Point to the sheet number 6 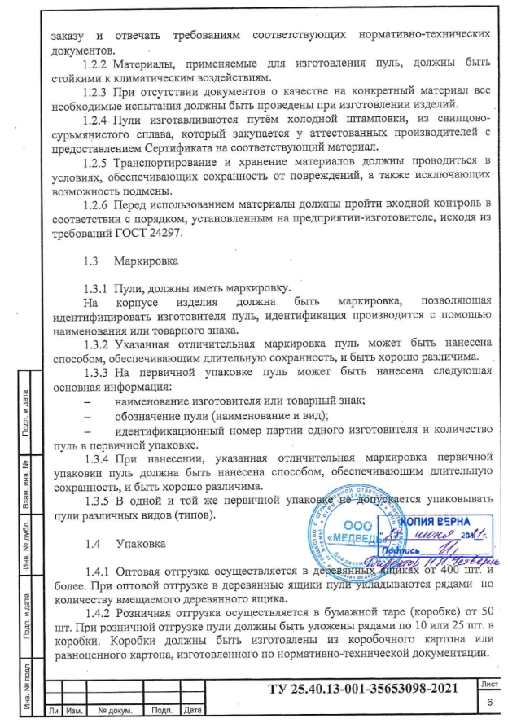pyautogui.click(x=490, y=703)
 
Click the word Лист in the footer pyautogui.click(x=490, y=685)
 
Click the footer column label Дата pyautogui.click(x=193, y=711)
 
